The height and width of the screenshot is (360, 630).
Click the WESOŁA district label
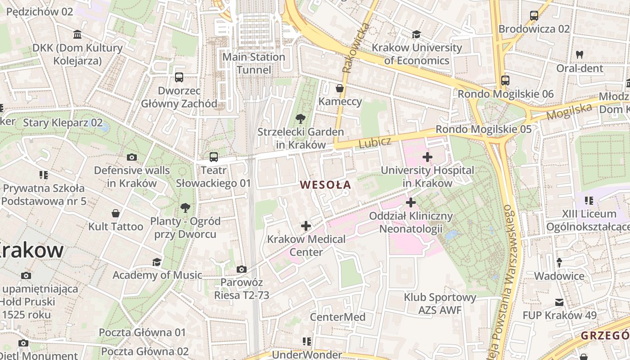[325, 184]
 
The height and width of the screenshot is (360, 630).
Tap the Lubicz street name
[375, 143]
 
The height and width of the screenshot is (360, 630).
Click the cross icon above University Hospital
[427, 157]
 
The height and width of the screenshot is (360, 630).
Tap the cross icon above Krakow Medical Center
[306, 225]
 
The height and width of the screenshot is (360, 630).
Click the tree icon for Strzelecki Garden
[300, 119]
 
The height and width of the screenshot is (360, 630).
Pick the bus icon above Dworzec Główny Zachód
[179, 77]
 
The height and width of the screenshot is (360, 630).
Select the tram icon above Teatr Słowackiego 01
[214, 157]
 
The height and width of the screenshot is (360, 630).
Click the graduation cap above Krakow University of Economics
[416, 34]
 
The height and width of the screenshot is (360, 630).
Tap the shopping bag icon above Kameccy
[340, 88]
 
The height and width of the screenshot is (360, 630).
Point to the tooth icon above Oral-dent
[580, 54]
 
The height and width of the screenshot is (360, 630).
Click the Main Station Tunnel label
[254, 63]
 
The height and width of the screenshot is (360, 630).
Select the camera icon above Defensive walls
[131, 157]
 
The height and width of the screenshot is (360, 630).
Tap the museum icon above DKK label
[77, 35]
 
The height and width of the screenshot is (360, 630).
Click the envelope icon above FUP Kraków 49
[559, 302]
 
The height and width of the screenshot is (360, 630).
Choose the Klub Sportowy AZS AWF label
[440, 304]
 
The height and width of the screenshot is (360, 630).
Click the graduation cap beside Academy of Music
[157, 262]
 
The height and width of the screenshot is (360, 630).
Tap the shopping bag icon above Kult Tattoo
[116, 213]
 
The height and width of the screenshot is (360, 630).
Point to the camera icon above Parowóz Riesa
[242, 269]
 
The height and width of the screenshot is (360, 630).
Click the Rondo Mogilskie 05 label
[483, 130]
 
